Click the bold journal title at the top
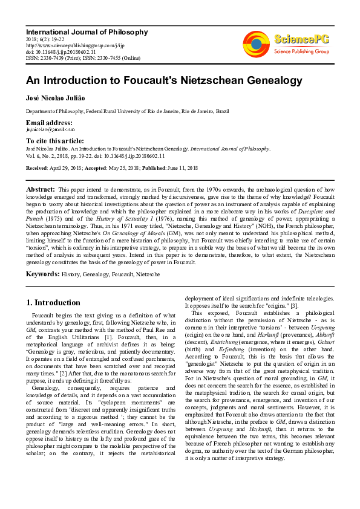coord(87,31)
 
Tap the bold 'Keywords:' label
coord(42,274)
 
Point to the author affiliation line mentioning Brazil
coord(127,112)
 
